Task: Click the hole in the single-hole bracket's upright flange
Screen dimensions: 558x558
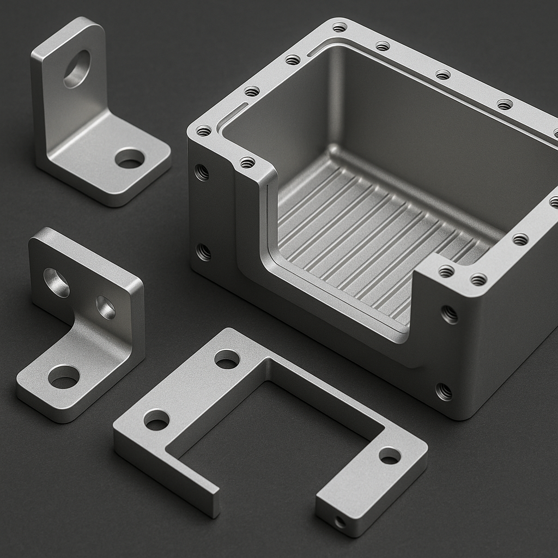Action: click(x=77, y=69)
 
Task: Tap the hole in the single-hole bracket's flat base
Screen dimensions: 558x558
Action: click(x=130, y=158)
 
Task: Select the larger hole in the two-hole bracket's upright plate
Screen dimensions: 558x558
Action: click(x=56, y=282)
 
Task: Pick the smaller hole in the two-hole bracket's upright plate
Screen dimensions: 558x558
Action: click(x=106, y=307)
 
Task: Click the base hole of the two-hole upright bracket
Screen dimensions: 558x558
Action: click(x=64, y=377)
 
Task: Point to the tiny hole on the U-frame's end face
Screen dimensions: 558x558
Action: click(x=340, y=522)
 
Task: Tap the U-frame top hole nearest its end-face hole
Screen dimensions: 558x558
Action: click(x=390, y=455)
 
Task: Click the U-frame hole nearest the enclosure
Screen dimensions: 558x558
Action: click(x=227, y=359)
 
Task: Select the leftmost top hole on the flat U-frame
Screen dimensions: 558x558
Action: click(x=156, y=420)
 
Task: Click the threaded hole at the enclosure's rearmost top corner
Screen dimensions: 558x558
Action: click(x=339, y=27)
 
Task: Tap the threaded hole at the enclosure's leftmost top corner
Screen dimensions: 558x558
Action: click(x=204, y=131)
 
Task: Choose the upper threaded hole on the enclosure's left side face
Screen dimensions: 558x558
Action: click(x=202, y=172)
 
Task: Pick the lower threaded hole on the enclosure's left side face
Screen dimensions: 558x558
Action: click(x=203, y=252)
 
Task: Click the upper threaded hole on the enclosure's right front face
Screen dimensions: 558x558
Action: click(x=449, y=314)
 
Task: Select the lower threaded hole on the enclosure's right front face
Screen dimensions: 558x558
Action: click(x=444, y=391)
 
